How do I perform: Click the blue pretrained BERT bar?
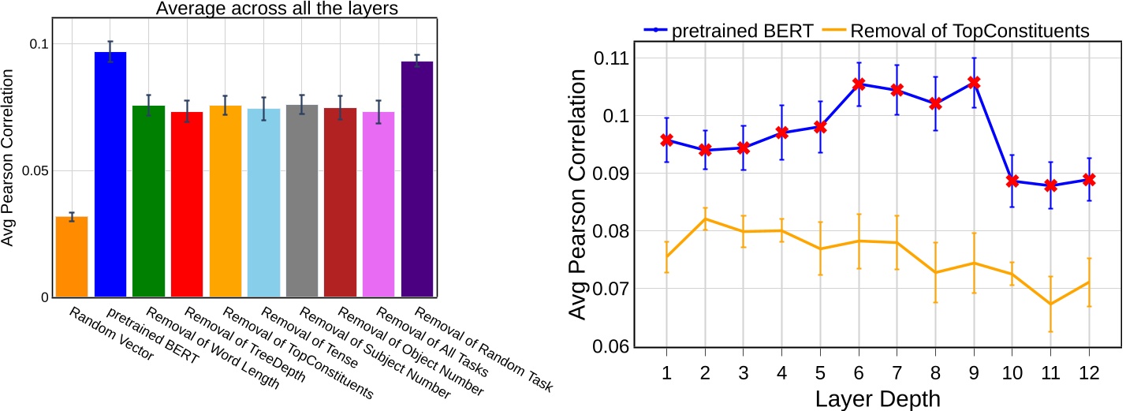(110, 174)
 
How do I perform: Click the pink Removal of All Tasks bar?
(378, 204)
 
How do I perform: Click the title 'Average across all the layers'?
(244, 9)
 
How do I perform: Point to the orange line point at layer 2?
(705, 219)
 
